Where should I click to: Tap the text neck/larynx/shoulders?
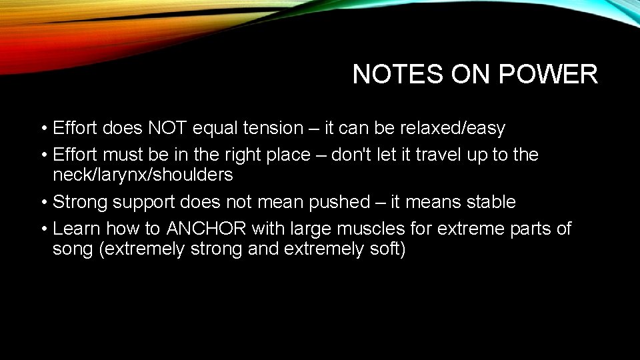(143, 175)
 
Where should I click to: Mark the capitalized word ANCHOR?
(206, 229)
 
